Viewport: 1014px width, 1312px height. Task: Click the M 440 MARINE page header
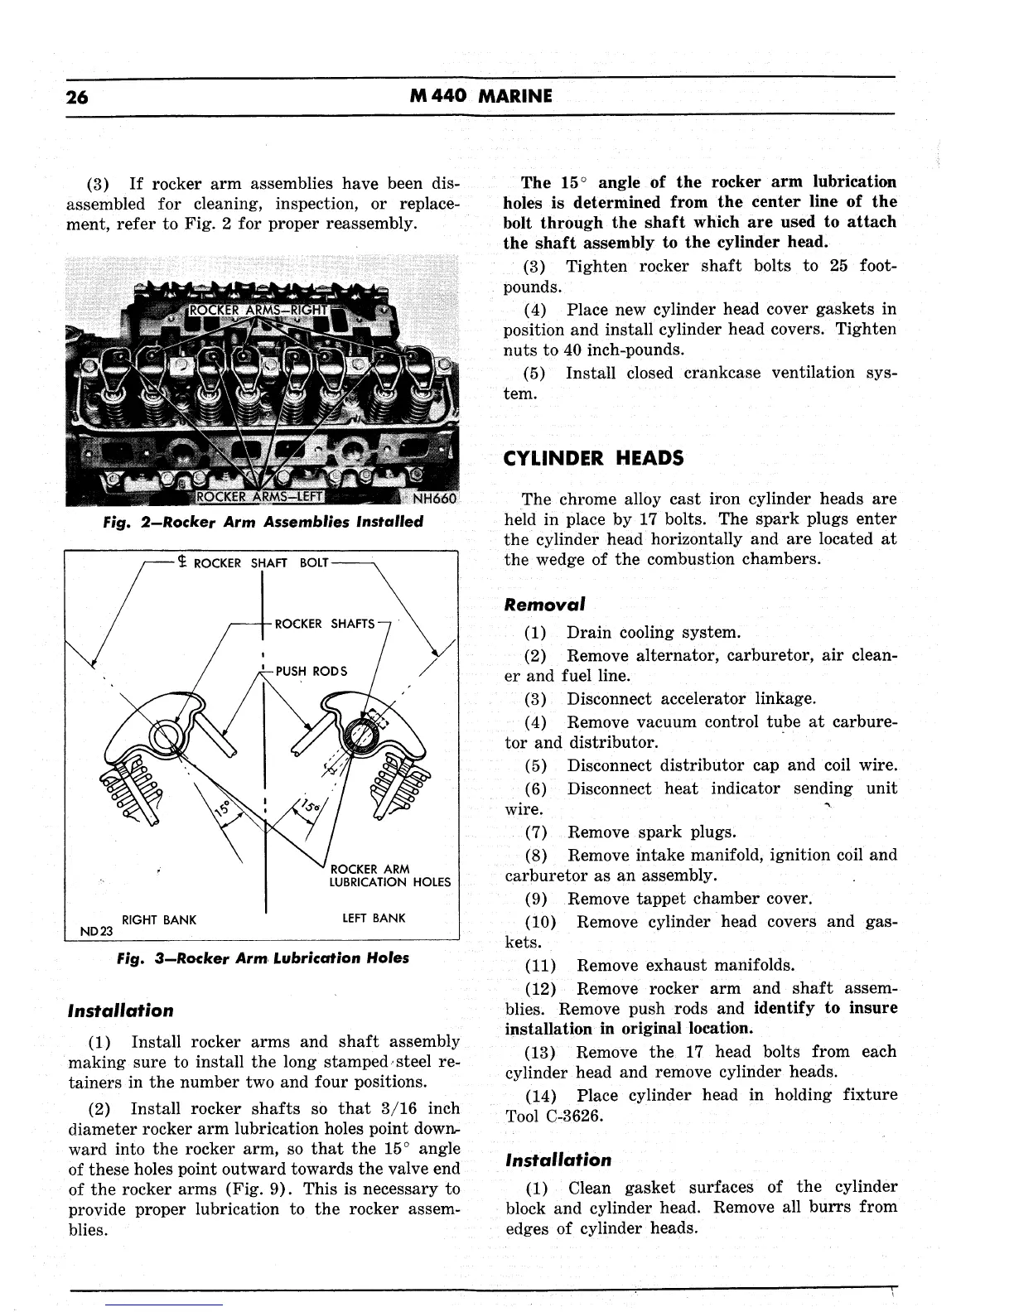(480, 96)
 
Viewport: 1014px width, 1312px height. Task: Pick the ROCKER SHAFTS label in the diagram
(325, 624)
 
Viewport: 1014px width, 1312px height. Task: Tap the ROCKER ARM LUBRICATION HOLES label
(389, 875)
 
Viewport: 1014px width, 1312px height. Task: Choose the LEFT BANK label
(374, 918)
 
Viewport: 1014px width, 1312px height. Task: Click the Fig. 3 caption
(263, 958)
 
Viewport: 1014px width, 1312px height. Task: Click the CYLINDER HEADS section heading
(594, 458)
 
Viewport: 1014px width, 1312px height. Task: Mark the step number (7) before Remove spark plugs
(537, 832)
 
